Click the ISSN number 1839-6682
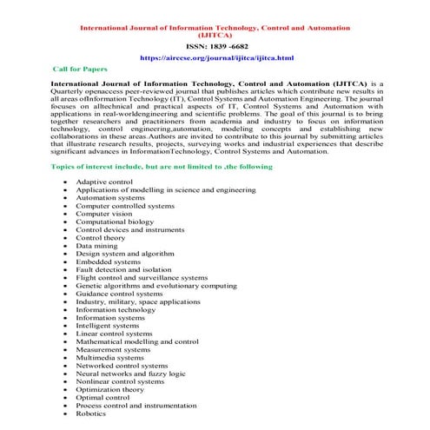[x=215, y=45]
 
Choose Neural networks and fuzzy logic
[x=130, y=373]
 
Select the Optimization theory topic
[x=110, y=389]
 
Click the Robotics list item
[x=91, y=413]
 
